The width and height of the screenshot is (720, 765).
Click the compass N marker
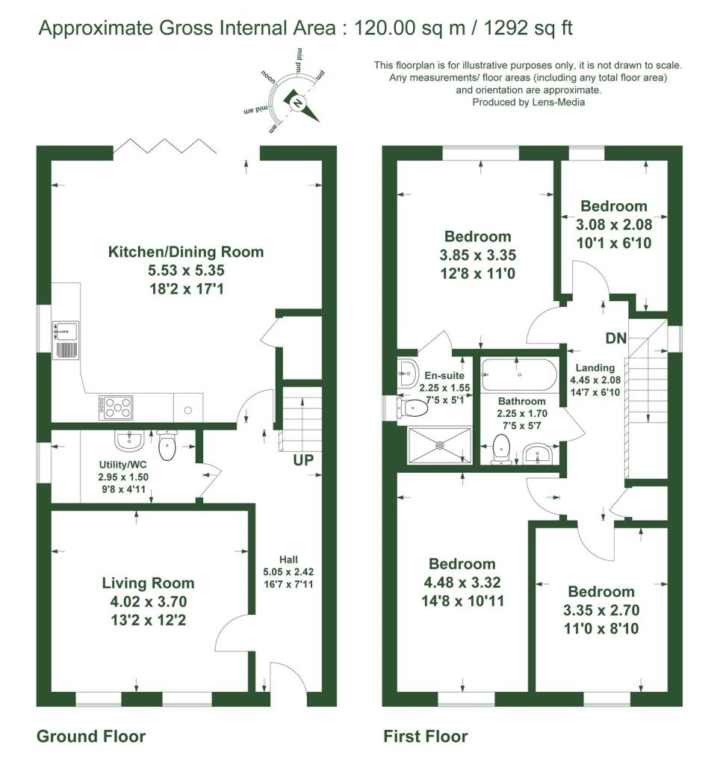point(297,103)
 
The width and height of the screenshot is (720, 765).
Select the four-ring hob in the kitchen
point(115,407)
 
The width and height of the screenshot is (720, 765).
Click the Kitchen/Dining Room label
point(186,252)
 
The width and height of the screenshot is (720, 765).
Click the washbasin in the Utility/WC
point(129,440)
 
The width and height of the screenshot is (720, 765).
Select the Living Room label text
point(148,583)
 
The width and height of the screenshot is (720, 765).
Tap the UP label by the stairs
point(302,460)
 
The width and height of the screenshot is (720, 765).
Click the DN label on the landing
point(616,338)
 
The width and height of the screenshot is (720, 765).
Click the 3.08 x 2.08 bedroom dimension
point(614,224)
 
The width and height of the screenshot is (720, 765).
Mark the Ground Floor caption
point(91,737)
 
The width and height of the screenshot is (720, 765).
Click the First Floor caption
point(426,737)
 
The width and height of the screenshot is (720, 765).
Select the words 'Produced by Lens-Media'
point(528,102)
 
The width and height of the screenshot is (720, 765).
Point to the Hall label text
point(288,559)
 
